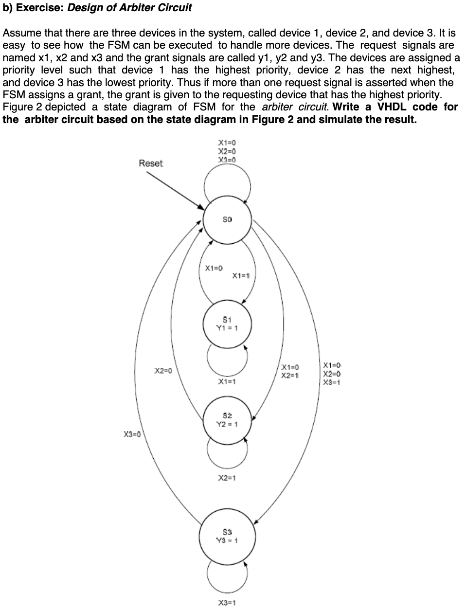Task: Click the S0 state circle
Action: coord(227,220)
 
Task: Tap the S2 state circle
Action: coord(227,420)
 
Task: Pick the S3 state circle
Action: coord(227,536)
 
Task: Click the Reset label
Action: coord(151,163)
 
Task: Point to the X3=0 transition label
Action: coord(132,434)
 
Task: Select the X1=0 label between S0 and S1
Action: coord(214,268)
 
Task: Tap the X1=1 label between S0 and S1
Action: coord(241,276)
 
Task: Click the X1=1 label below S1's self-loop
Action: coord(227,381)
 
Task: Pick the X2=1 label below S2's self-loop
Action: coord(227,478)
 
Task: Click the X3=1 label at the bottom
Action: coord(227,603)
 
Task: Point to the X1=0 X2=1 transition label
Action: coord(290,371)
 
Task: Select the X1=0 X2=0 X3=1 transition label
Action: coord(332,374)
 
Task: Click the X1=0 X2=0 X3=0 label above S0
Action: coord(227,151)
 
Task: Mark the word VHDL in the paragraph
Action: coord(392,107)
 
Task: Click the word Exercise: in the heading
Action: coord(42,8)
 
